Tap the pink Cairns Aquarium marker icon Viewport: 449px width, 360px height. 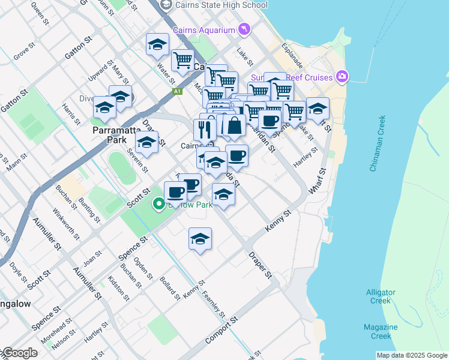click(244, 29)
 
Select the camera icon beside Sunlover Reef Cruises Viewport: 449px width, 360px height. click(342, 76)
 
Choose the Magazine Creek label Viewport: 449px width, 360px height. click(381, 331)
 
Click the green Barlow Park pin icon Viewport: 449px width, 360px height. click(159, 205)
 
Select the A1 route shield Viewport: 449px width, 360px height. click(177, 91)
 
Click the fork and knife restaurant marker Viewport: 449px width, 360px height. click(205, 128)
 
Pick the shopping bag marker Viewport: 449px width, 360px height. click(234, 125)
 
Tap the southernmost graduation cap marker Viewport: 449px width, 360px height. click(200, 239)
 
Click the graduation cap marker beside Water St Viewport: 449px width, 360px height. click(158, 44)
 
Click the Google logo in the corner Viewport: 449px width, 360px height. click(20, 353)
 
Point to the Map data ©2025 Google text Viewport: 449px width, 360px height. click(411, 355)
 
